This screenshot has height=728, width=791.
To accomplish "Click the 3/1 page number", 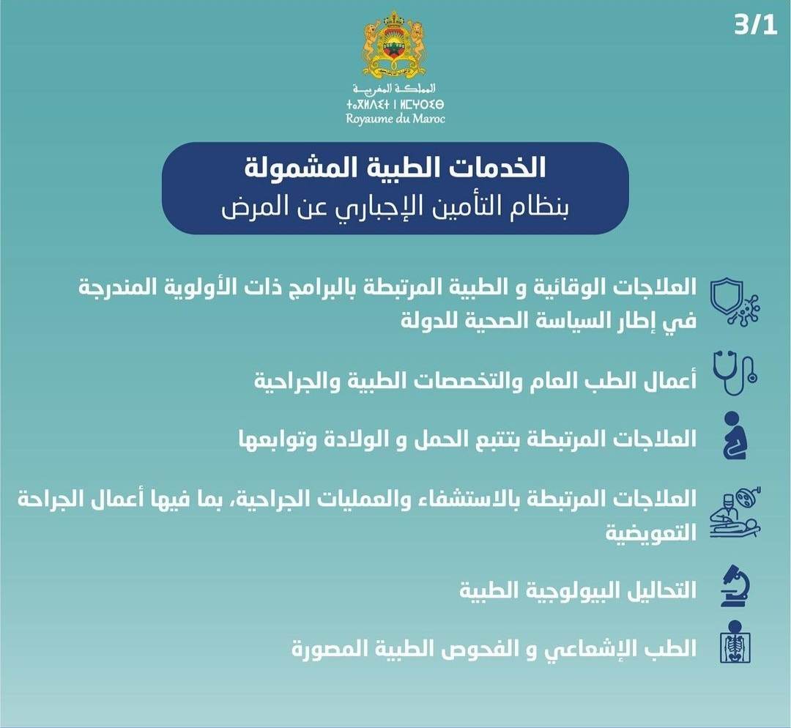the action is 755,25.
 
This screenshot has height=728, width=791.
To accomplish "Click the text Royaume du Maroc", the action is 395,119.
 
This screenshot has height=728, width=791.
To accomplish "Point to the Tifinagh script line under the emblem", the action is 395,105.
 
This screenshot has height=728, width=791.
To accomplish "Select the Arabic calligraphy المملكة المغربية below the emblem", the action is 394,89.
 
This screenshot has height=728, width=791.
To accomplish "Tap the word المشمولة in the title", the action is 287,168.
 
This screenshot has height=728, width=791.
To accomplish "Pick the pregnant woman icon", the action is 733,435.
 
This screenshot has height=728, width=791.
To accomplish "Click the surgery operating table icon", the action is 735,514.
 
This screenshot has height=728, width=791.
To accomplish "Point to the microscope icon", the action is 735,586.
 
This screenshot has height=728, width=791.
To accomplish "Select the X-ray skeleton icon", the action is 735,642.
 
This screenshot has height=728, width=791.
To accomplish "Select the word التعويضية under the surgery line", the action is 651,532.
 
